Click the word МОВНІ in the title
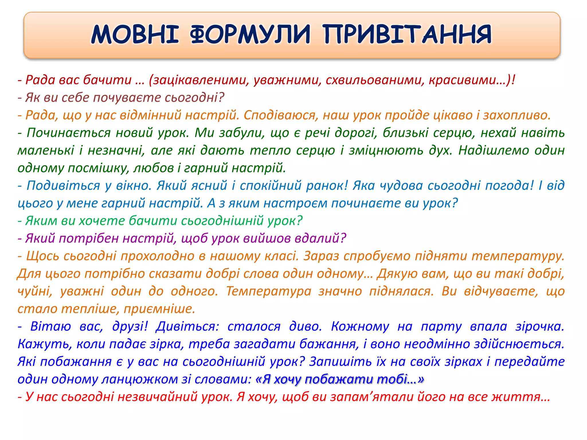click(x=135, y=35)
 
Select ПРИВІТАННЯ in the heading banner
click(x=407, y=35)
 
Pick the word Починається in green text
click(x=69, y=133)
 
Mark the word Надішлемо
click(x=493, y=150)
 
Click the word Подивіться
click(x=63, y=186)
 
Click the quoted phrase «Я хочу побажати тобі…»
click(x=340, y=379)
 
